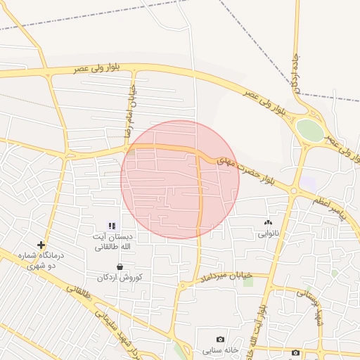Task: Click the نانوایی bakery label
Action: (x=267, y=233)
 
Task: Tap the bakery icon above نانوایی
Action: (x=267, y=223)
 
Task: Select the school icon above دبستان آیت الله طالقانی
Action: (x=112, y=226)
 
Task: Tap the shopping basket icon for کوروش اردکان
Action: (x=120, y=267)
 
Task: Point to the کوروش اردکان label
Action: (x=120, y=278)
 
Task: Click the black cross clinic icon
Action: (x=41, y=245)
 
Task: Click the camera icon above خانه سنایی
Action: (x=221, y=339)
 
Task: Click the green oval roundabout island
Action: (x=309, y=129)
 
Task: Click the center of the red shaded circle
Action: (x=180, y=179)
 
